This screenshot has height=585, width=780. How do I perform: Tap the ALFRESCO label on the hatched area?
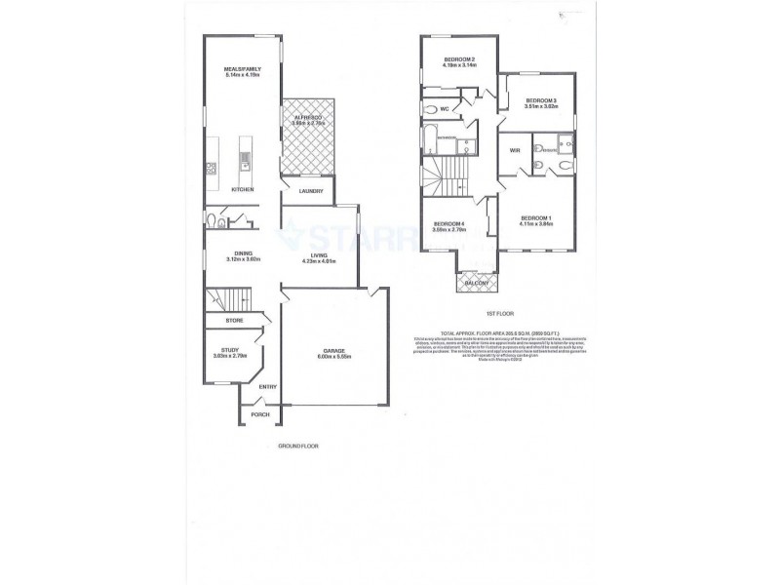(309, 118)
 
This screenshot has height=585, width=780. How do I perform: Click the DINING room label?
(230, 253)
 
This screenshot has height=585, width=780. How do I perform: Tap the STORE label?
(234, 320)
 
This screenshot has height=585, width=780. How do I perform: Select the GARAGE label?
(335, 351)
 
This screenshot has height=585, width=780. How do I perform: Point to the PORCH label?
(260, 414)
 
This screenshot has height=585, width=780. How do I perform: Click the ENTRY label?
(268, 386)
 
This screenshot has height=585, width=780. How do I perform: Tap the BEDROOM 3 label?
(540, 101)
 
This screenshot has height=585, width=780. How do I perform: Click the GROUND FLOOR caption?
(298, 446)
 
